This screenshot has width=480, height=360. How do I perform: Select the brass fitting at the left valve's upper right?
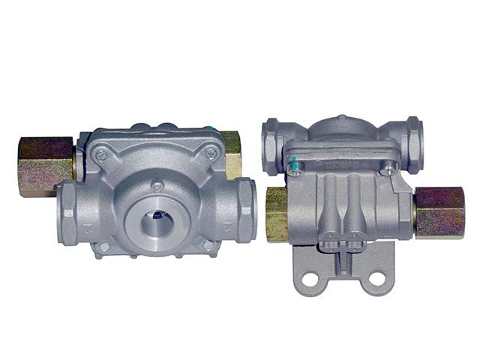(232, 153)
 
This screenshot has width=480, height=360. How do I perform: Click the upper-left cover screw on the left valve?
(100, 154)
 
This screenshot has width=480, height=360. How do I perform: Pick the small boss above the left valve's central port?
(157, 184)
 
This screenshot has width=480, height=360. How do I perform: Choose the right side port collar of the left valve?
(244, 208)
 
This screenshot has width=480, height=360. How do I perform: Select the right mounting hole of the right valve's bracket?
(376, 279)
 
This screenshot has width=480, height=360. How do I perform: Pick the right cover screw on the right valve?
(388, 170)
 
